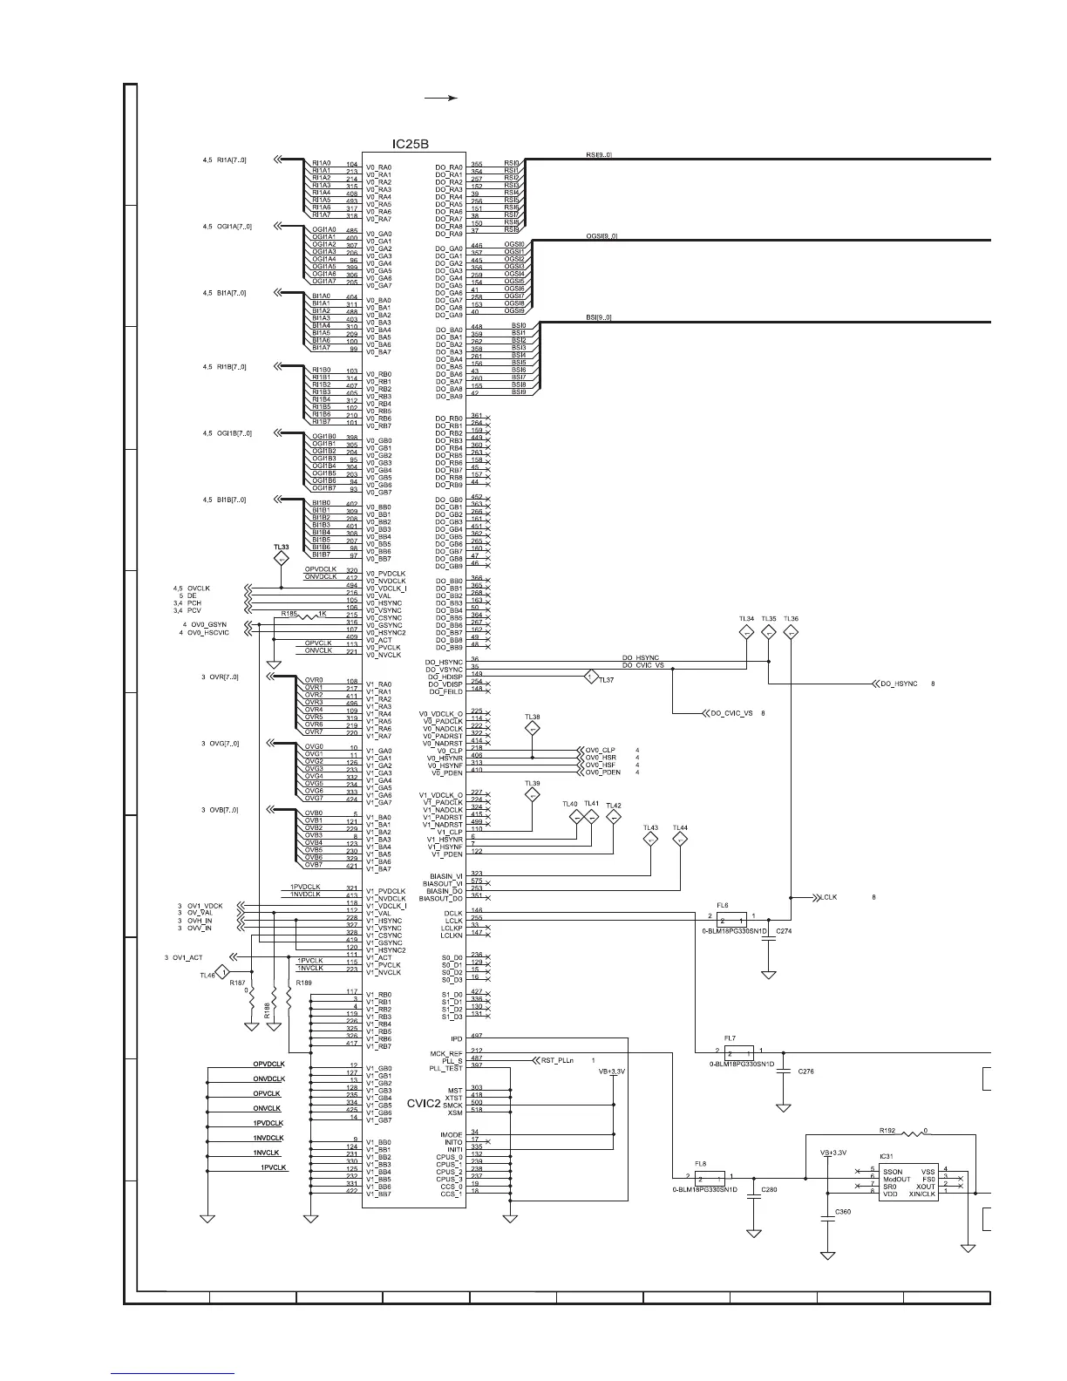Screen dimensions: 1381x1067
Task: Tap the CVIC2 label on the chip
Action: point(424,1103)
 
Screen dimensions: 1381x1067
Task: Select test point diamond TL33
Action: point(281,558)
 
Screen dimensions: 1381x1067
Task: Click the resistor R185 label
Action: point(289,615)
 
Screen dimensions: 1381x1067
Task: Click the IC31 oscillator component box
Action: point(909,1182)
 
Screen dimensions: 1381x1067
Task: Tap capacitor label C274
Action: point(784,932)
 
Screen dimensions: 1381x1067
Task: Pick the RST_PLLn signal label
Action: point(557,1060)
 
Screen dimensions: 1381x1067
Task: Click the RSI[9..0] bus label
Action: point(599,155)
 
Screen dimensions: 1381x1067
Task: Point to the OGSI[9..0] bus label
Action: point(601,235)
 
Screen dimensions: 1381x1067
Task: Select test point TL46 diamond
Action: point(224,972)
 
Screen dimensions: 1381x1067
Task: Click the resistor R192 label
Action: point(887,1131)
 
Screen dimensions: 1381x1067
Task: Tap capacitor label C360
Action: point(843,1212)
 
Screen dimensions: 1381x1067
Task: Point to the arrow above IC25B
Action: point(441,99)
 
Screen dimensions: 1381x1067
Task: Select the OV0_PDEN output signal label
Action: point(602,772)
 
